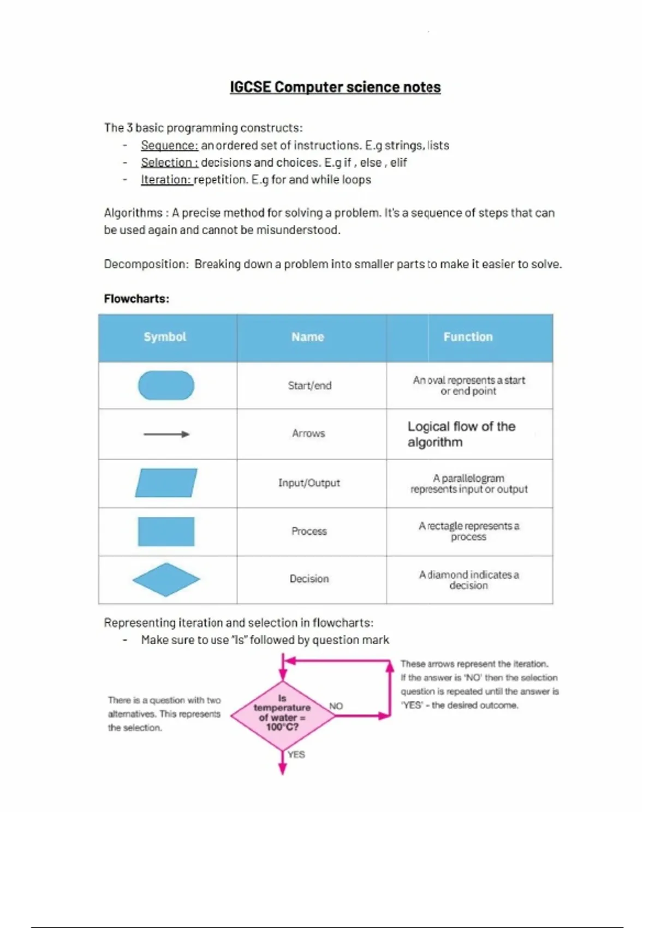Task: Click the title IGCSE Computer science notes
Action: pos(335,87)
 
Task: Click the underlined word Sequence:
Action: pos(169,146)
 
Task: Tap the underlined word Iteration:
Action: pos(166,180)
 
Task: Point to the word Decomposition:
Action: pos(146,264)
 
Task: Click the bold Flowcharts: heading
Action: pos(136,299)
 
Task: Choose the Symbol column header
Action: pos(165,337)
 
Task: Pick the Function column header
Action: pos(468,337)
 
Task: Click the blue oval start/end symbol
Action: pos(166,385)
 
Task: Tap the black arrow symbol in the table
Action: pos(166,435)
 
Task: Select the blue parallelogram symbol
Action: pos(166,483)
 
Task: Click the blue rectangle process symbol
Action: pos(166,531)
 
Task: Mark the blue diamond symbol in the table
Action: pos(166,579)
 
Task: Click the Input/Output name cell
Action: pos(309,483)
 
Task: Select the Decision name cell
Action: pos(309,579)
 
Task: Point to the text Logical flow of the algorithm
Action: pos(461,434)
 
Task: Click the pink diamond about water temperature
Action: pos(282,713)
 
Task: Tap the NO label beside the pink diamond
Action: pos(336,706)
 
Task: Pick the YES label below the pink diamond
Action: pos(296,754)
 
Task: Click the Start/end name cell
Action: pos(309,385)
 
